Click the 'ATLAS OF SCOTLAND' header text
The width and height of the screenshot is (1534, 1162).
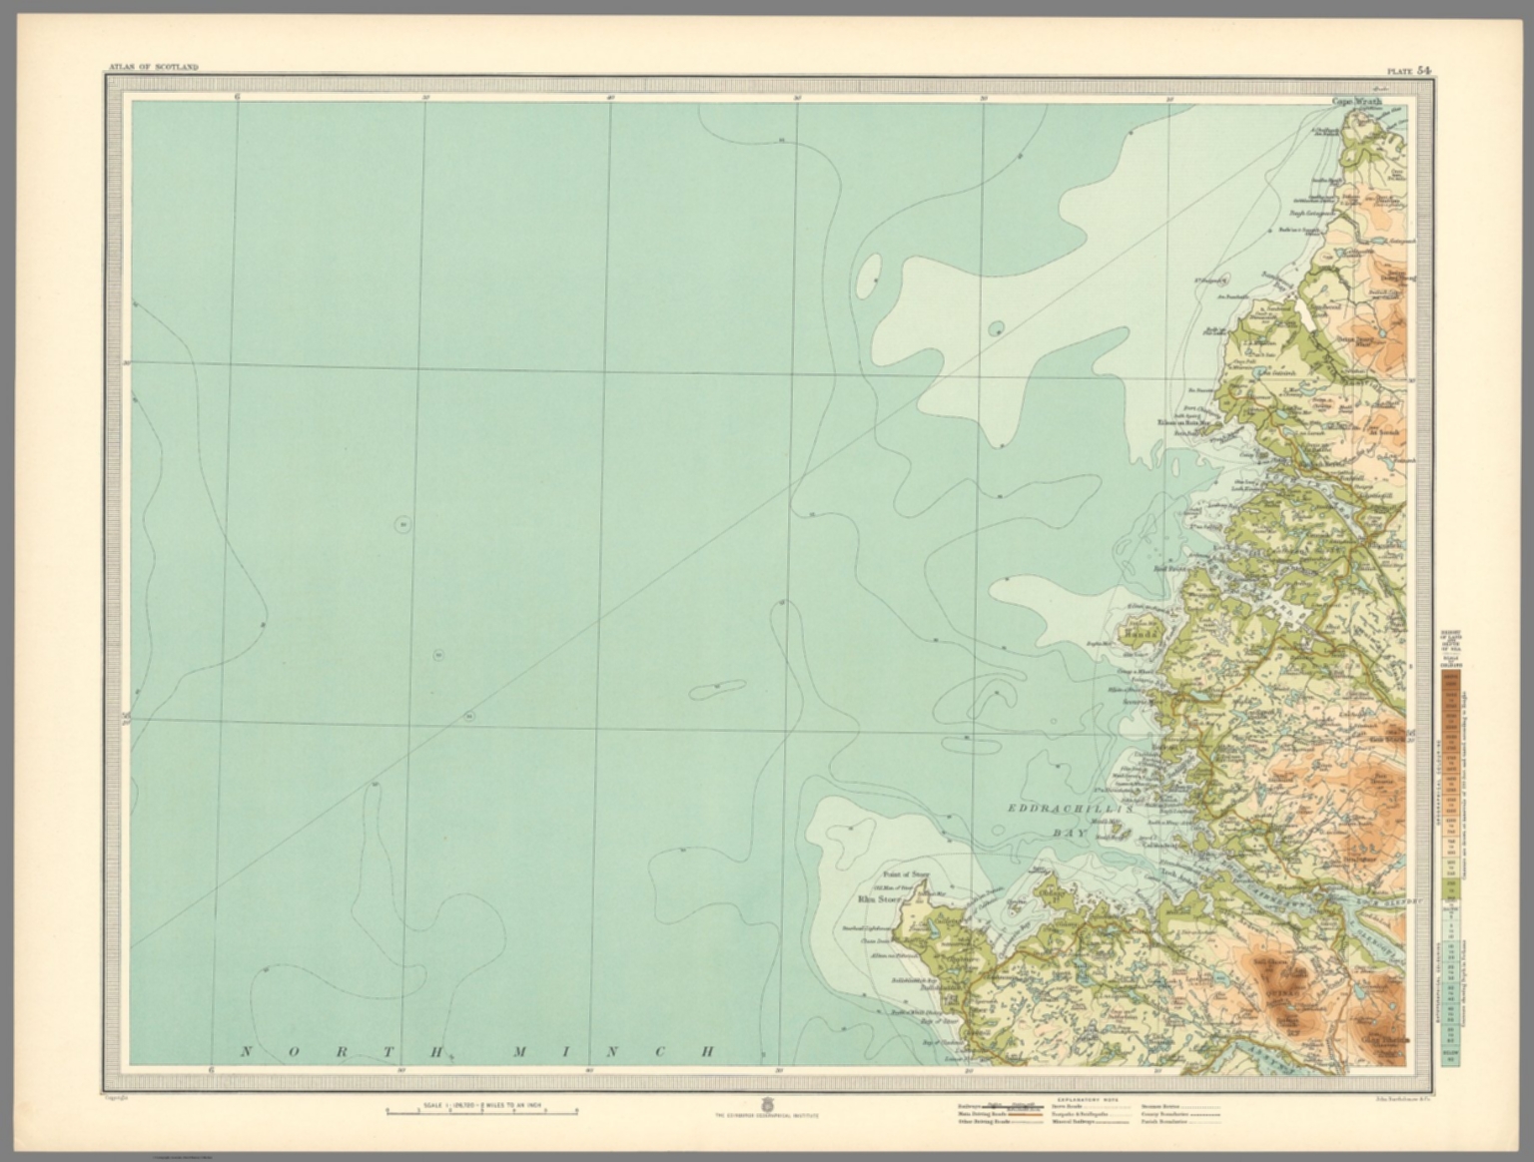(153, 67)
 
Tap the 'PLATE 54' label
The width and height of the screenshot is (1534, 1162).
(1407, 70)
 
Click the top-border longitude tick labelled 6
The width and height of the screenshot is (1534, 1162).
(238, 97)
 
